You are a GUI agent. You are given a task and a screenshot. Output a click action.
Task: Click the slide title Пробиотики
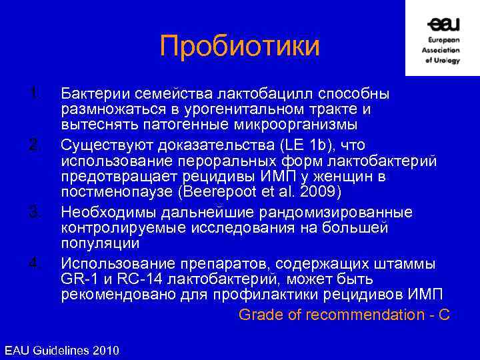pyautogui.click(x=240, y=46)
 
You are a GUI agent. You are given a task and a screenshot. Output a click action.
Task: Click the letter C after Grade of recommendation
pyautogui.click(x=443, y=315)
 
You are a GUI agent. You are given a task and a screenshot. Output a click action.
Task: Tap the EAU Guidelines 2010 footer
pyautogui.click(x=61, y=350)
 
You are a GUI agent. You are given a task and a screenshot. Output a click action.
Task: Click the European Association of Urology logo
pyautogui.click(x=442, y=39)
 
